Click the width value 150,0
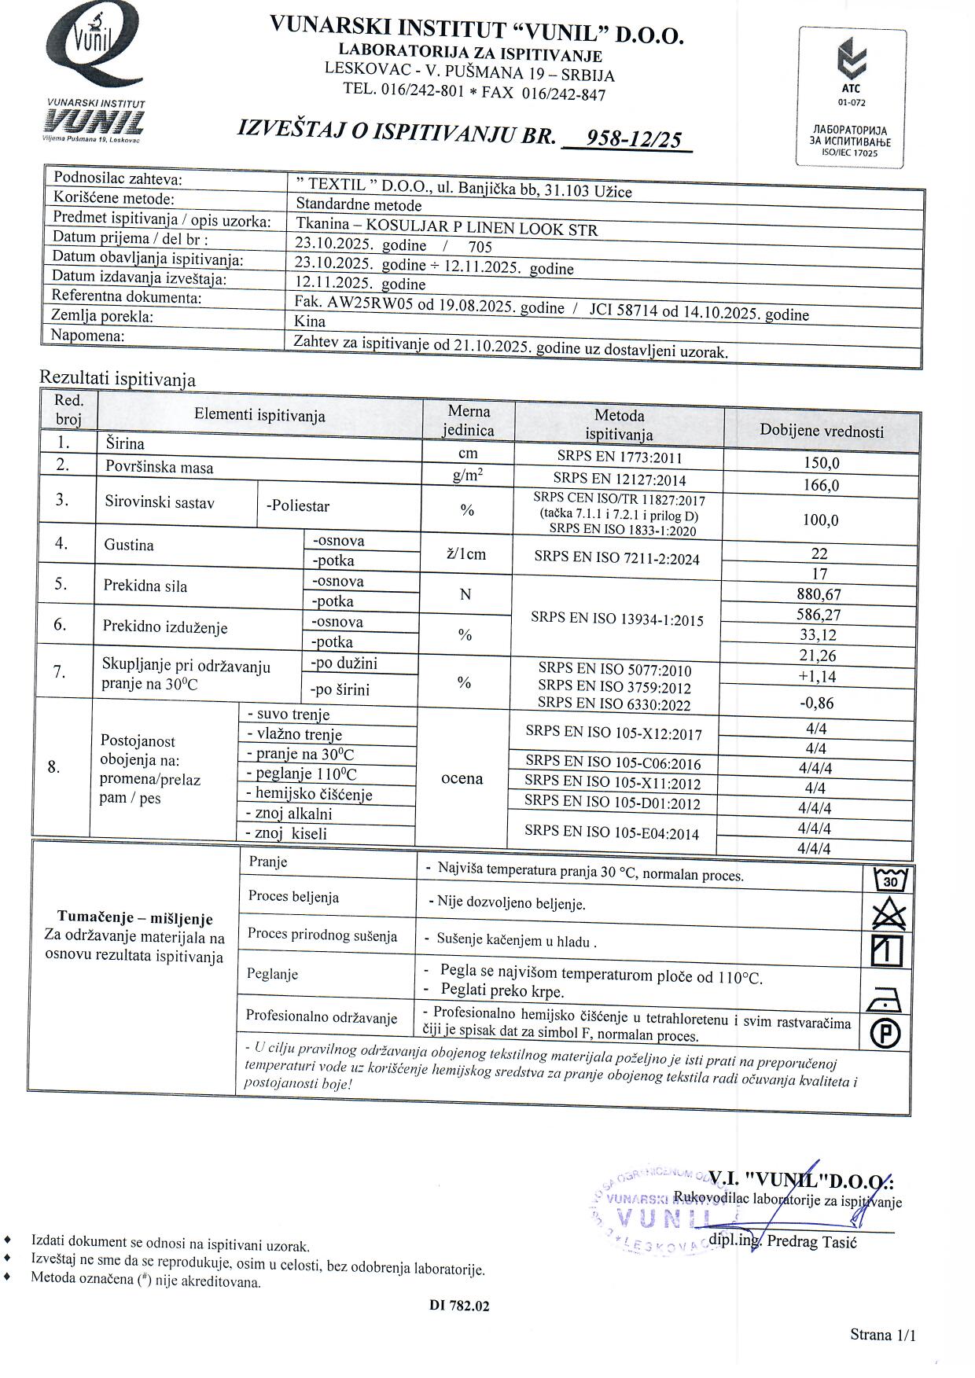tap(821, 463)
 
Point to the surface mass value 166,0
tap(821, 485)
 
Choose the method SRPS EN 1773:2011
tap(619, 457)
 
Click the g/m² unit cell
tap(467, 475)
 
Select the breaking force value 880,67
tap(819, 594)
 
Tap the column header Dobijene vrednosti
tap(821, 431)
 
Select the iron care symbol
tap(887, 1000)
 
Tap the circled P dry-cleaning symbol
tap(886, 1033)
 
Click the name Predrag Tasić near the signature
tap(811, 1241)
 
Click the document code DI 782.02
tap(459, 1306)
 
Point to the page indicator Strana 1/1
tap(882, 1334)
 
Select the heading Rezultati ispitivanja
tap(117, 379)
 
